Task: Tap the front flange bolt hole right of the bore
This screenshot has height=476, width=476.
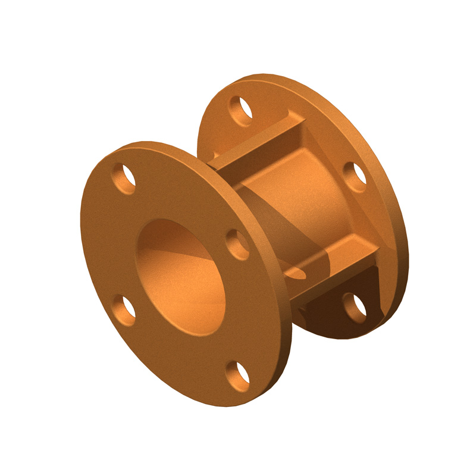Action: click(238, 245)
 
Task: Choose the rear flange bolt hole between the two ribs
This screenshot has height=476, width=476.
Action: click(356, 177)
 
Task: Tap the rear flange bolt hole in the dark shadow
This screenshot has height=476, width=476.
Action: click(356, 308)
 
